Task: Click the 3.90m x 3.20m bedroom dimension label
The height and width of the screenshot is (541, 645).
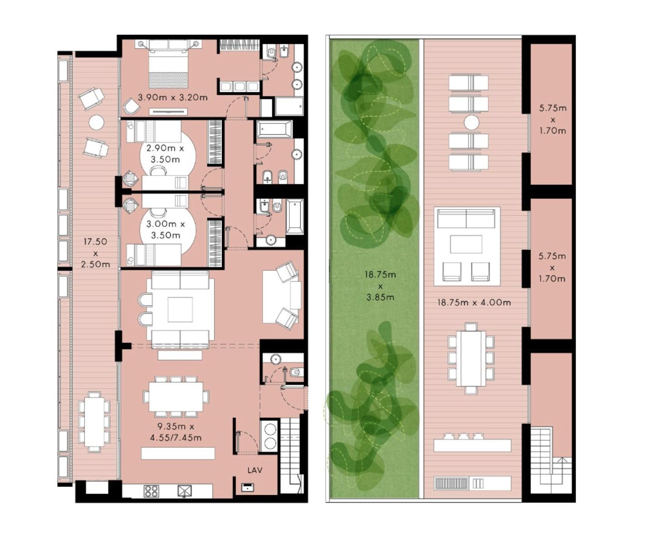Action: coord(172,98)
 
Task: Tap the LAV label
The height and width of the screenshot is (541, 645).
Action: coord(255,470)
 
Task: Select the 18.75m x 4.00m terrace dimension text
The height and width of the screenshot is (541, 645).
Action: coord(474,302)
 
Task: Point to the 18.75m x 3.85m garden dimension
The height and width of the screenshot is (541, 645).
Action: coord(380,286)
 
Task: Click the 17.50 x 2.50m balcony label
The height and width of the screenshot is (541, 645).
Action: coord(95,253)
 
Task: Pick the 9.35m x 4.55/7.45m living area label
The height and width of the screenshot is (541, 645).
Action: coord(176,432)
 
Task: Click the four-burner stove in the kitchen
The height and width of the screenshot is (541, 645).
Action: coord(151,491)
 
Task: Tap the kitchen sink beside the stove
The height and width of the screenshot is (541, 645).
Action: coord(184,491)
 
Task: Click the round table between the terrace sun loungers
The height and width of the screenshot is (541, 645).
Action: coord(471,122)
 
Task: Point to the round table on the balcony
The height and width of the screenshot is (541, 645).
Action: coord(96,122)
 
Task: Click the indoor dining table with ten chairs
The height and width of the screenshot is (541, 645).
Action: coord(176,396)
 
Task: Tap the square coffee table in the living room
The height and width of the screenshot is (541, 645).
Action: coord(180,310)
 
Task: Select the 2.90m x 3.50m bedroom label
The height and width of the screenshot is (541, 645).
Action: coord(165,154)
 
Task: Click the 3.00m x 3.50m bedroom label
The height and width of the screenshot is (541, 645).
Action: coord(166,230)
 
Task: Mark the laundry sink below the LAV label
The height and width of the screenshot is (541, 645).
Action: coord(247,487)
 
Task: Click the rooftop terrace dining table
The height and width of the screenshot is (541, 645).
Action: coord(471,359)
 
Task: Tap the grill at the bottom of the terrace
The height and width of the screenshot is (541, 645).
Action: coord(451,483)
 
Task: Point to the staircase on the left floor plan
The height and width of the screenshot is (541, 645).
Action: coord(290,455)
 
